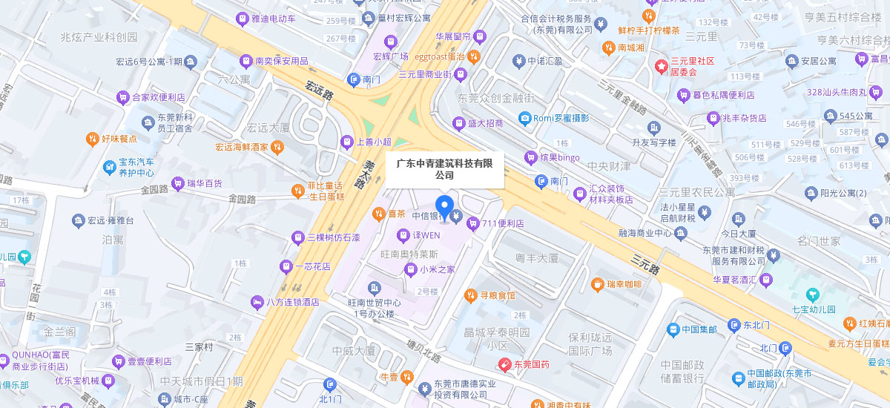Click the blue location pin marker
pyautogui.click(x=444, y=207)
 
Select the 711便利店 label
pyautogui.click(x=503, y=223)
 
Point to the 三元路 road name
pyautogui.click(x=645, y=263)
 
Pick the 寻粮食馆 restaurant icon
pyautogui.click(x=469, y=295)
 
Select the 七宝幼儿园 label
pyautogui.click(x=814, y=309)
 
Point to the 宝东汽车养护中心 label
pyautogui.click(x=136, y=167)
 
